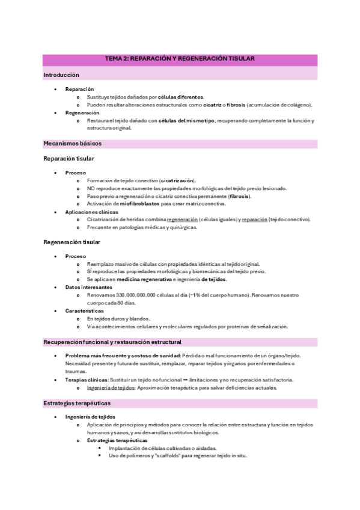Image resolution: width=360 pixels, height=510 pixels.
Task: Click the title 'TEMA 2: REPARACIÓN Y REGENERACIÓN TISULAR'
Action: tap(180, 59)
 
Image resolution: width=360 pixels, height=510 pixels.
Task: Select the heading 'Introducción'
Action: tap(61, 75)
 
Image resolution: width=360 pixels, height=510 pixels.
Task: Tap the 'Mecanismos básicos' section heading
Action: tap(73, 144)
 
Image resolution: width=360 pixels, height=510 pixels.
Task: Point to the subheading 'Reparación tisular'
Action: tap(69, 159)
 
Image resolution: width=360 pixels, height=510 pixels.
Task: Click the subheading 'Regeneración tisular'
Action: tap(72, 242)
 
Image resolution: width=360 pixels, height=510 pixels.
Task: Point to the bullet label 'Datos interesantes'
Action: tap(88, 287)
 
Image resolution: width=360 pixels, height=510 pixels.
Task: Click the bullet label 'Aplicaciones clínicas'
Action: tap(92, 212)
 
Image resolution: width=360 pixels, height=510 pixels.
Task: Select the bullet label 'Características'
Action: tap(85, 311)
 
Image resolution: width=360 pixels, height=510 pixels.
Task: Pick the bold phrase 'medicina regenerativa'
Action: tap(145, 280)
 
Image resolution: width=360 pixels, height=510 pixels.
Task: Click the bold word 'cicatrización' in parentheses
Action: tap(177, 180)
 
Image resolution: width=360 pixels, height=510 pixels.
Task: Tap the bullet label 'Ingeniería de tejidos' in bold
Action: tap(90, 417)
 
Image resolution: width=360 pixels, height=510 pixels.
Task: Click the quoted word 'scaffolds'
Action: tap(169, 455)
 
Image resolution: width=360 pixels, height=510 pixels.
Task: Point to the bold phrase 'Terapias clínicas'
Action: tap(86, 380)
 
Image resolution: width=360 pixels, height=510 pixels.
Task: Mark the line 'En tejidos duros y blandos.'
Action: tap(118, 319)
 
